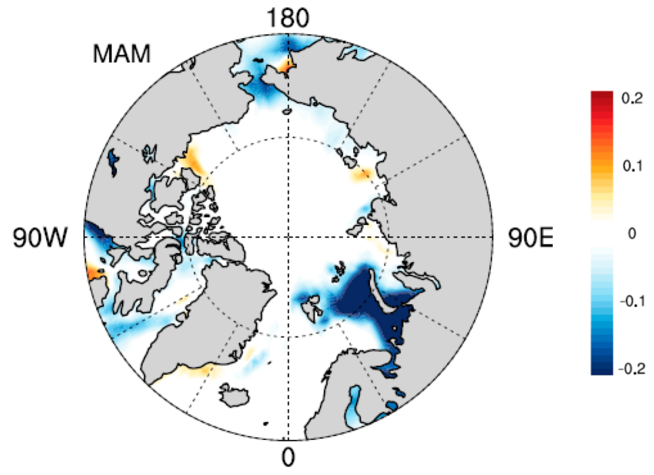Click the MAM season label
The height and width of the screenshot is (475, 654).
[x=121, y=54]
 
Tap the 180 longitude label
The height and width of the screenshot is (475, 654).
[x=288, y=18]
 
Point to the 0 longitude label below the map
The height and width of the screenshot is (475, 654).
[x=288, y=457]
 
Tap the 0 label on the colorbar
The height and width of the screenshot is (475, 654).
[x=631, y=233]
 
